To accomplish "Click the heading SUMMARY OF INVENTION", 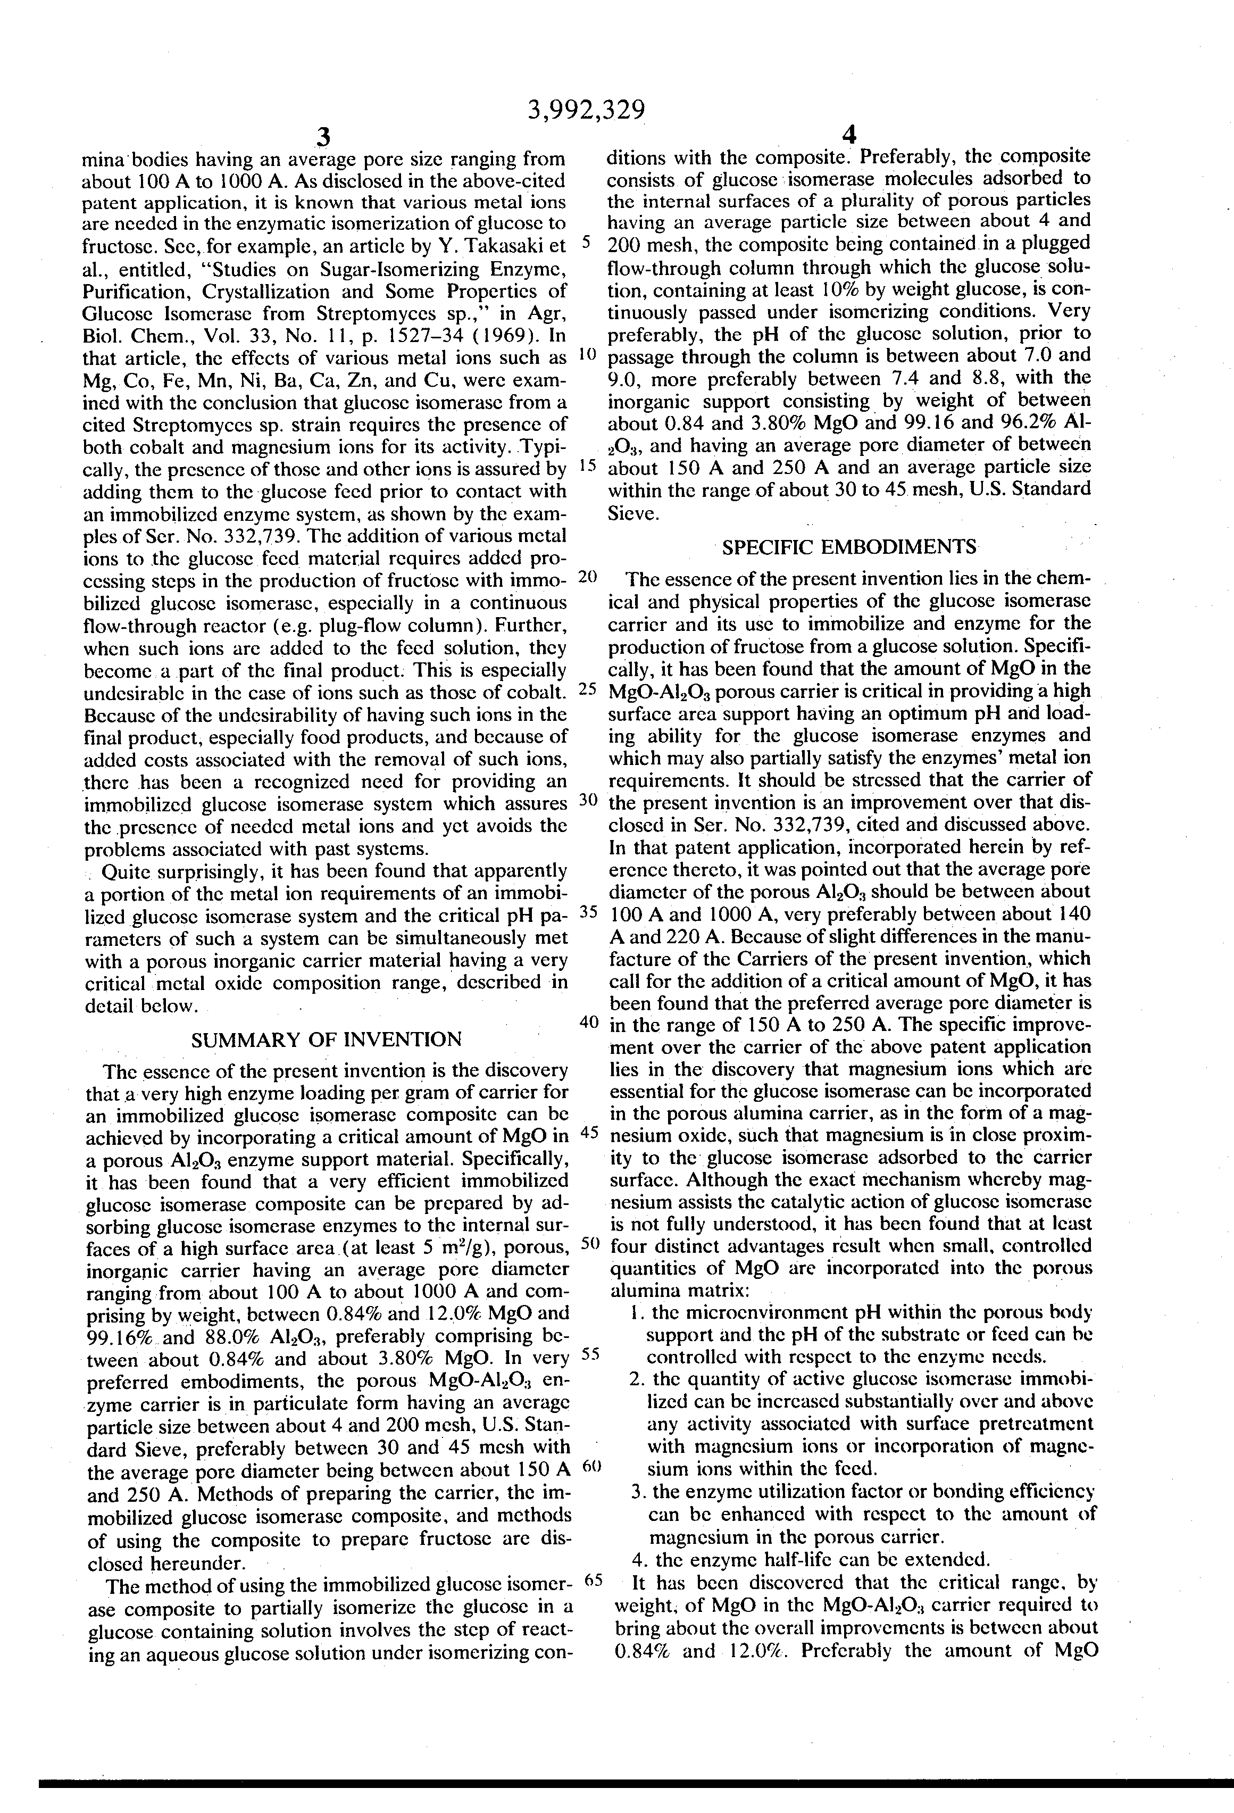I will click(326, 1040).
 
